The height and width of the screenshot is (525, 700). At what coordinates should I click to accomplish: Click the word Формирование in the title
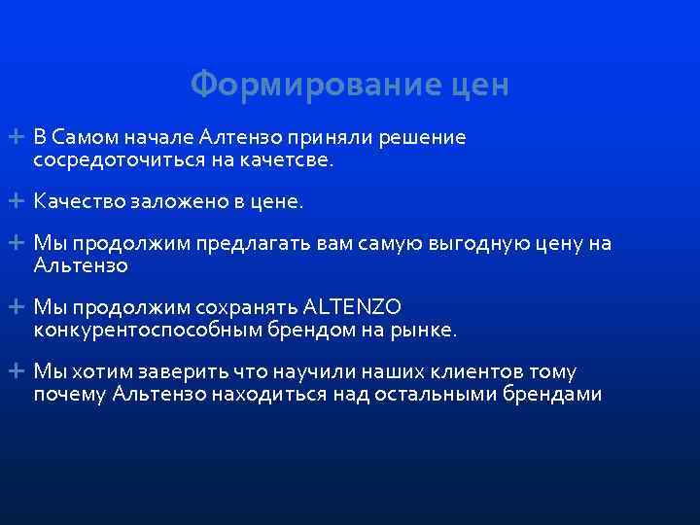(302, 86)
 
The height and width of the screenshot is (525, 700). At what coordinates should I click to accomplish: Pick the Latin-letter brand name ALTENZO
(352, 307)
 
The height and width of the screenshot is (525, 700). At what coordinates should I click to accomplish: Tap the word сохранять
(247, 307)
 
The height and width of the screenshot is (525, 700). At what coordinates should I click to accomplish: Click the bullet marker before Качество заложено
(19, 201)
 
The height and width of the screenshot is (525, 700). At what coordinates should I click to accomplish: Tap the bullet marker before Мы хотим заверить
(19, 371)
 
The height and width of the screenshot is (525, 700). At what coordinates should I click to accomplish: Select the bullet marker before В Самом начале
(19, 137)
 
